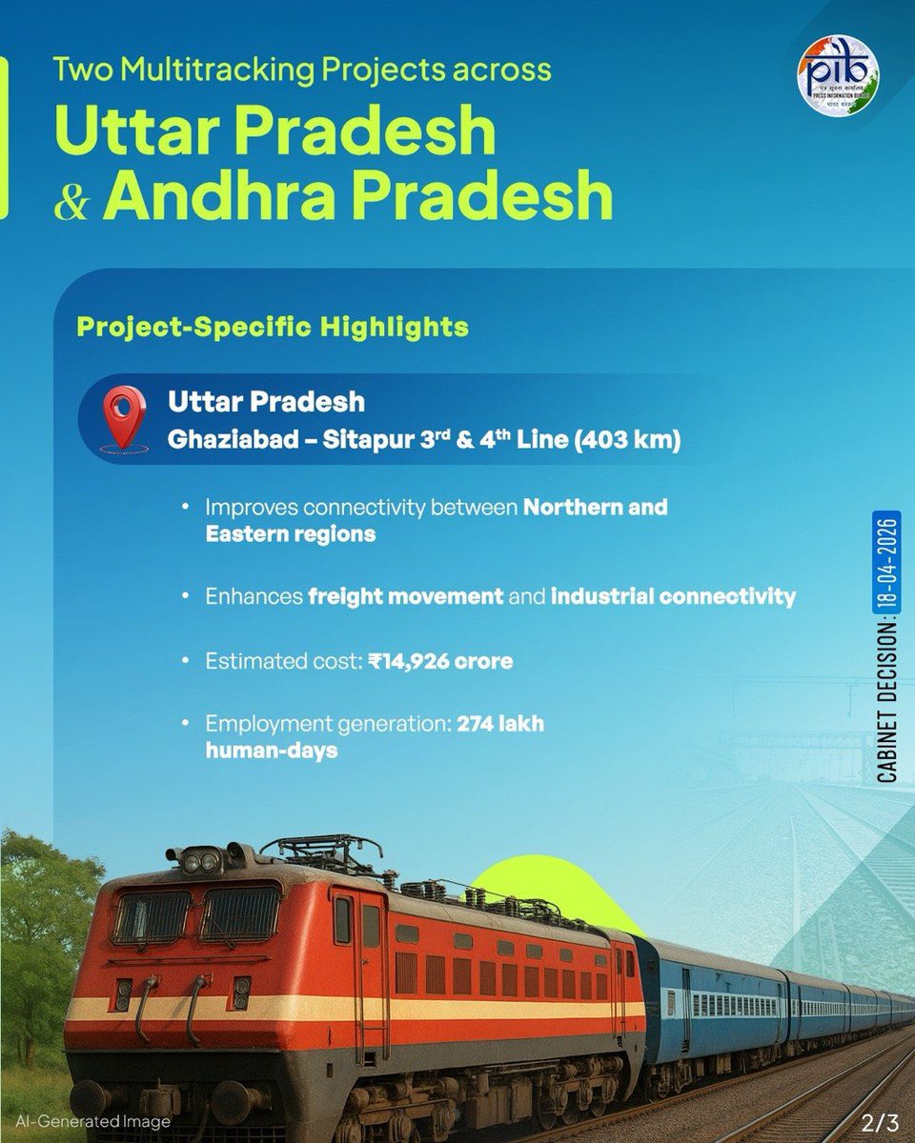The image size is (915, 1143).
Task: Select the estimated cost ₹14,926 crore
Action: pos(440,660)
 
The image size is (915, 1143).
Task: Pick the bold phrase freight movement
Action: pos(405,597)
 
